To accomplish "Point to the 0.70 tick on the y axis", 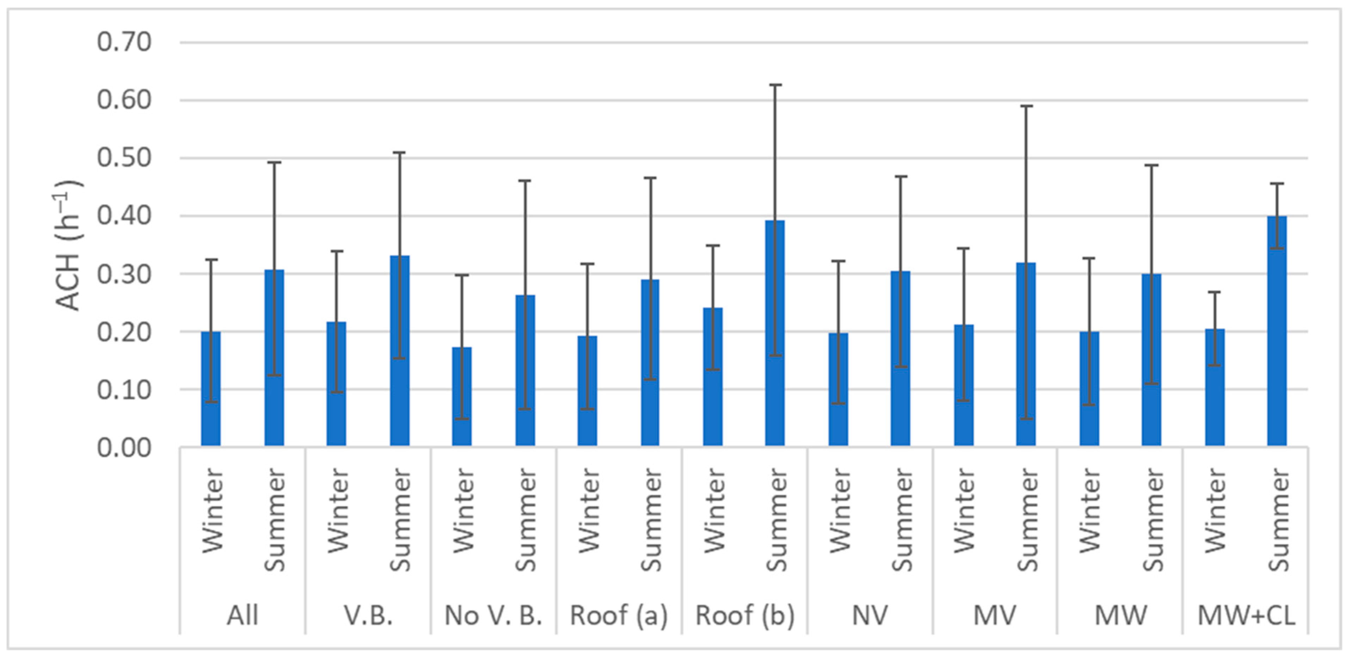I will pyautogui.click(x=124, y=42).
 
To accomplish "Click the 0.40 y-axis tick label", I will pyautogui.click(x=124, y=216).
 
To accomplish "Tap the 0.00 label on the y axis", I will pyautogui.click(x=124, y=448).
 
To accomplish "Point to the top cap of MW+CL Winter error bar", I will pyautogui.click(x=1214, y=292).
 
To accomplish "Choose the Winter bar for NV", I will pyautogui.click(x=838, y=390).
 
